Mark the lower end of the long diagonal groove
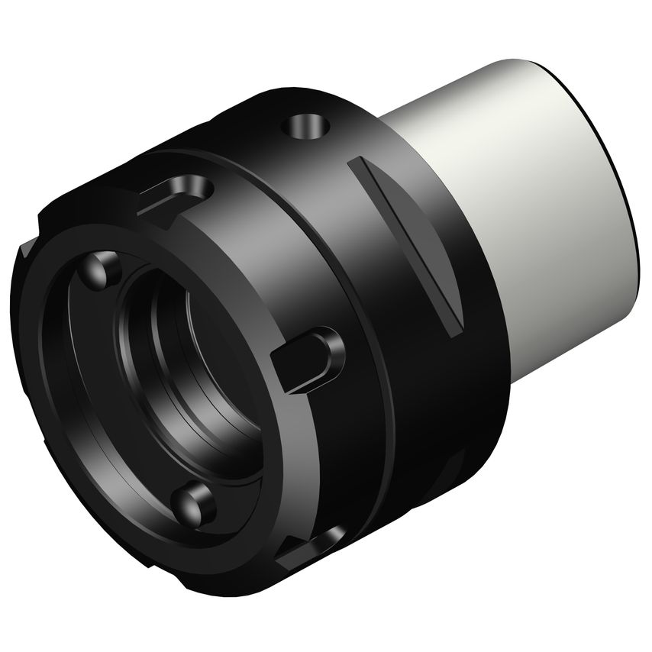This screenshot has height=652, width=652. tap(453, 328)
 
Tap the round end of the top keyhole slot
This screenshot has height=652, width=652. tap(200, 185)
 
